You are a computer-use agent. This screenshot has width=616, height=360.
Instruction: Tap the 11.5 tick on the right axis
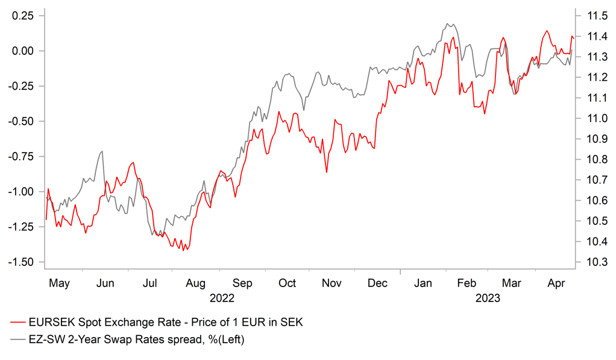592,16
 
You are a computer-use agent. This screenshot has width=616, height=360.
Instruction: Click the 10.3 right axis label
592,262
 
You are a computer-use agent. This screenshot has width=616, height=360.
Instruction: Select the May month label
59,283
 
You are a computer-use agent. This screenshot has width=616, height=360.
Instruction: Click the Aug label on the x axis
196,283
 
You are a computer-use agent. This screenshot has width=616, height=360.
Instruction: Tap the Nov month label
332,283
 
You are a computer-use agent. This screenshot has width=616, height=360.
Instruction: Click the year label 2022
222,298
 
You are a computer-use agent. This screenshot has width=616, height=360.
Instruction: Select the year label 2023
488,298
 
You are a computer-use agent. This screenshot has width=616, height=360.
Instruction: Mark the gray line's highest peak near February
448,24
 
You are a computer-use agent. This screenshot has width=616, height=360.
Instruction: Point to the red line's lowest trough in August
182,250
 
